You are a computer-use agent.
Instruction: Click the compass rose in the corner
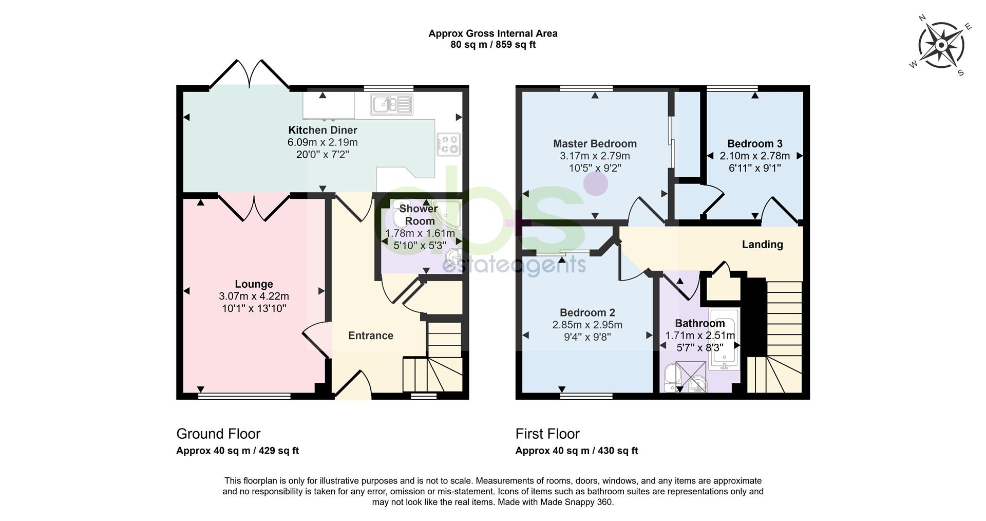click(941, 46)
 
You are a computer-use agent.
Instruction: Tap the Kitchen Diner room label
click(323, 130)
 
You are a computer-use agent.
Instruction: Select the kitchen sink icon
click(391, 104)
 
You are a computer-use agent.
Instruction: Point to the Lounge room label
click(254, 284)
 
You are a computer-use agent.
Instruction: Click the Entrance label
click(371, 336)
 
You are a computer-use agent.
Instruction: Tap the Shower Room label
click(419, 215)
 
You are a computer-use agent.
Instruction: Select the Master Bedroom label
click(595, 143)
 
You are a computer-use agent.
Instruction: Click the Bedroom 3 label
click(755, 143)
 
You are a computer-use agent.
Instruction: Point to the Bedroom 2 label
click(587, 312)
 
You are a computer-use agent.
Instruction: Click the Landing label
click(763, 245)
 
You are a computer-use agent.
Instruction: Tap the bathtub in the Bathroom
click(724, 339)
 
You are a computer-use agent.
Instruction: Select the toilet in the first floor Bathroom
click(670, 379)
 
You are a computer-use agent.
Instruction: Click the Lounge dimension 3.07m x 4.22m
click(254, 296)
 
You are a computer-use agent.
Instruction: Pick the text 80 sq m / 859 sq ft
click(493, 45)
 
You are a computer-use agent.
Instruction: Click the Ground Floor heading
click(218, 434)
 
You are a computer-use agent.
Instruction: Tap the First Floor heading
click(547, 434)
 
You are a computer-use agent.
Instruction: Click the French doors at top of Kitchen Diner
click(250, 75)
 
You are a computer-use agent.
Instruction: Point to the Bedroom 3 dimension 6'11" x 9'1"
click(755, 168)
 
